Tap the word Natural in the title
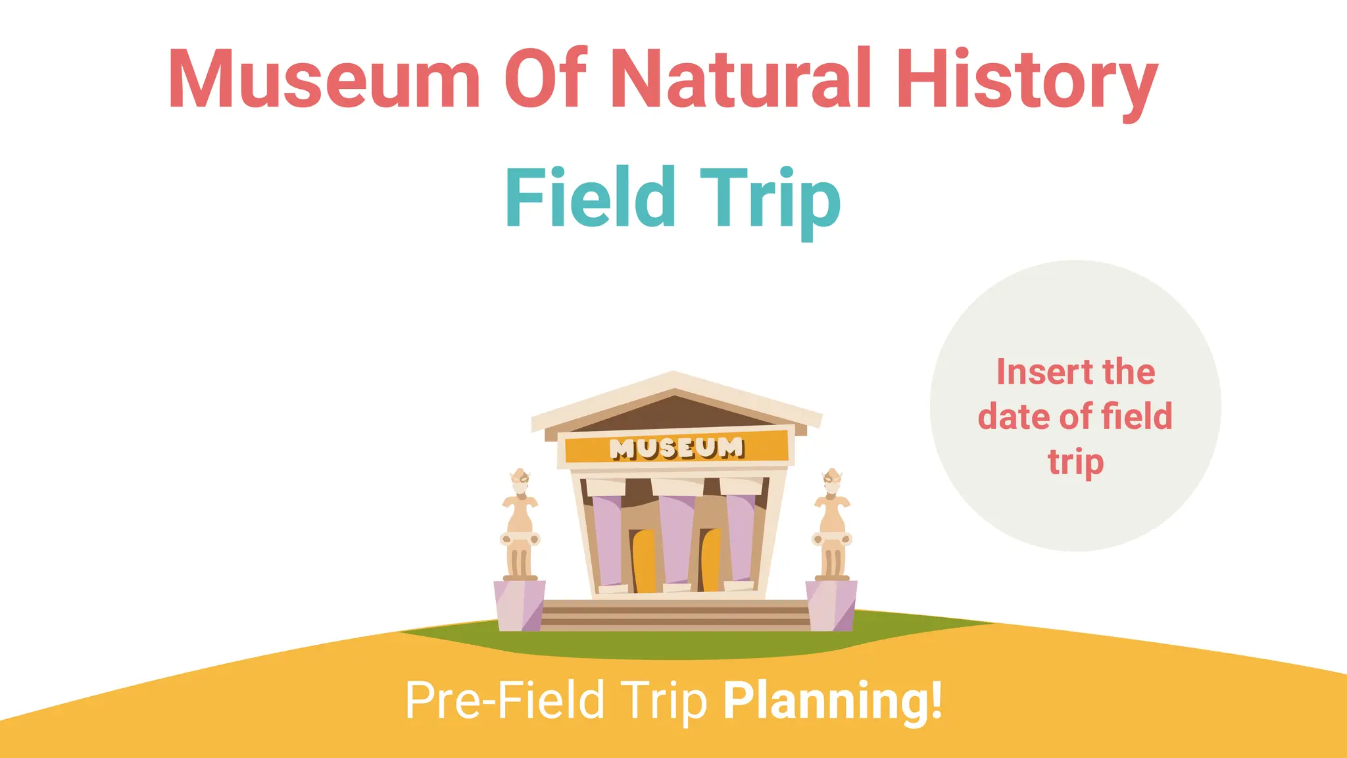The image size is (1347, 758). point(741,79)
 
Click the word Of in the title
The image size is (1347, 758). point(545,79)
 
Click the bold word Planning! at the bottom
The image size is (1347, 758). point(833,700)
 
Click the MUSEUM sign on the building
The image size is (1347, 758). point(676,448)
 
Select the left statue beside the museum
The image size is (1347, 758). point(520,526)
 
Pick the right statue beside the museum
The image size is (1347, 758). point(833,526)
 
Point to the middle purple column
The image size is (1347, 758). point(677,540)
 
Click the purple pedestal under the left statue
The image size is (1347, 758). point(519,605)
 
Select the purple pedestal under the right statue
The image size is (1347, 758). point(832,605)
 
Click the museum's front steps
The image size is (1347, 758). point(675,616)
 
